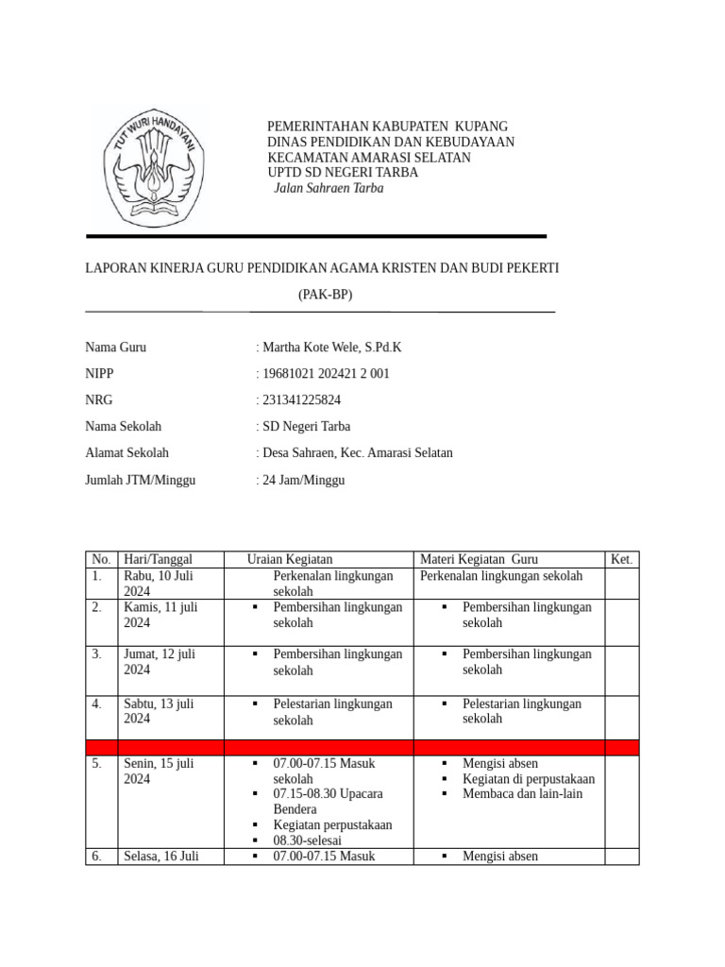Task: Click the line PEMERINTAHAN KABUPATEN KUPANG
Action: click(x=388, y=127)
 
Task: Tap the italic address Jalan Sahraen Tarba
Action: click(x=329, y=188)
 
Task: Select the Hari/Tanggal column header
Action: click(x=159, y=559)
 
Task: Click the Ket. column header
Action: click(x=621, y=559)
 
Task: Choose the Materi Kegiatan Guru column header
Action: click(x=479, y=559)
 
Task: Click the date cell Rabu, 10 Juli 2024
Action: click(x=158, y=583)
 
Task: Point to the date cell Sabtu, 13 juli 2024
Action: click(x=158, y=710)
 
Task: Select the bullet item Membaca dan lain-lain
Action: click(x=522, y=793)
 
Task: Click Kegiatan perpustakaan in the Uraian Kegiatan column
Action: click(x=332, y=824)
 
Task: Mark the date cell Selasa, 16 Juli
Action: click(x=160, y=857)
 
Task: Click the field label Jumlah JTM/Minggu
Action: click(x=140, y=480)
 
